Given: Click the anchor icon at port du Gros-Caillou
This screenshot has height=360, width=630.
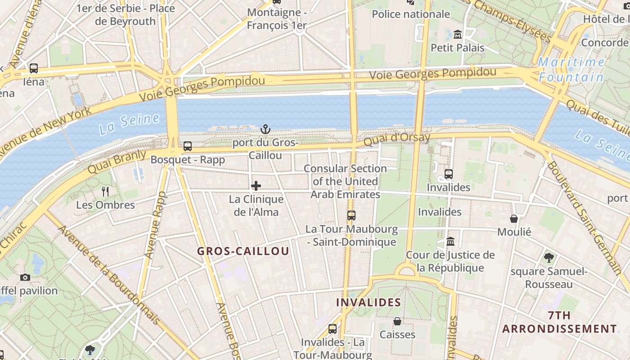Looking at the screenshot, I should tap(265, 130).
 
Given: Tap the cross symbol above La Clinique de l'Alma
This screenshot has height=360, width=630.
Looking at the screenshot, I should tap(256, 185).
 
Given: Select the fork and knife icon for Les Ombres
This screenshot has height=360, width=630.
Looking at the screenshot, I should tap(105, 192).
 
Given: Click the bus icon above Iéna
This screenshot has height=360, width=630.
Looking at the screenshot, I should tap(34, 68).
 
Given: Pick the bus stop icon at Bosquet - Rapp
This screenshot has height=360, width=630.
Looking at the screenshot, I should tap(188, 146).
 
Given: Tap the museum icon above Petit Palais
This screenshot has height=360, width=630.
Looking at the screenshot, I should tap(458, 34).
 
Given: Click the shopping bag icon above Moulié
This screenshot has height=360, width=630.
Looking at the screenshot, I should tap(514, 219).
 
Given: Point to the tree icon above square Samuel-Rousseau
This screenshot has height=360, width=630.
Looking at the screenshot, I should tap(549, 258).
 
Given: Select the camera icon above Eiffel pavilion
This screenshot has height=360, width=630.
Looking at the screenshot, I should tap(25, 277).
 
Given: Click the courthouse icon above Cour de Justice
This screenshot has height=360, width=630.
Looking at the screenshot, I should tap(450, 242).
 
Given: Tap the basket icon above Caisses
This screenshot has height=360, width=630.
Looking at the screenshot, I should tap(397, 321).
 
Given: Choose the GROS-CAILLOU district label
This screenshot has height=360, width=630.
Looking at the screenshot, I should tap(243, 252).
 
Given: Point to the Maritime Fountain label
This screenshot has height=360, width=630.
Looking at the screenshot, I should tap(571, 69).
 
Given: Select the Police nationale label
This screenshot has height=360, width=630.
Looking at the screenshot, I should tap(411, 14).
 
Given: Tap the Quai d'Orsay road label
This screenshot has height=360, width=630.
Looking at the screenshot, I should tap(397, 139).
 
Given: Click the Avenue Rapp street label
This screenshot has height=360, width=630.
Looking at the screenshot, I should tap(155, 225).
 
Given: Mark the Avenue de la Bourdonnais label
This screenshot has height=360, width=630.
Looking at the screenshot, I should tap(108, 274).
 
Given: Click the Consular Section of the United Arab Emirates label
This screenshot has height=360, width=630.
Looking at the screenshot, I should tap(345, 181).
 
